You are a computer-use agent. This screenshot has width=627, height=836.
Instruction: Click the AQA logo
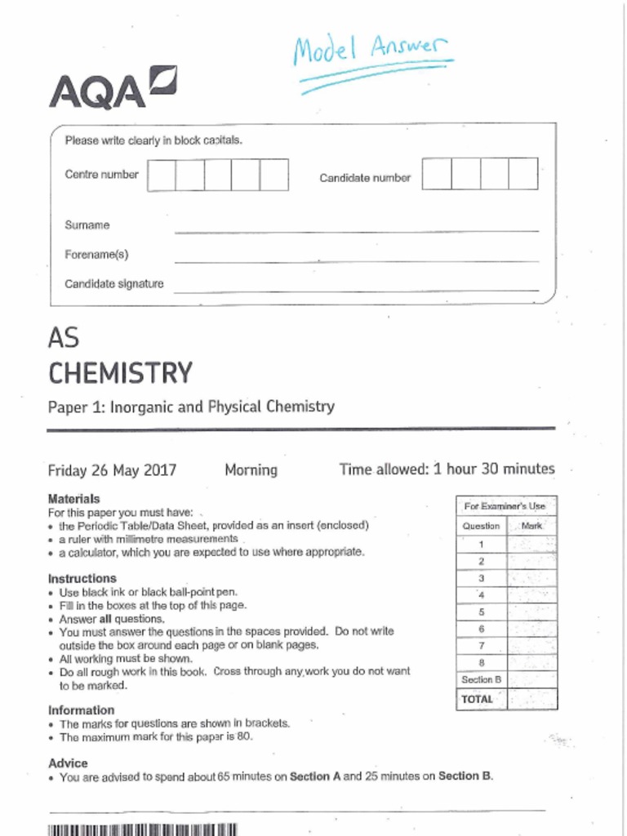pyautogui.click(x=113, y=91)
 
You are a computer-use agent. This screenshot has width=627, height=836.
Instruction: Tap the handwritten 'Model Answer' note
pyautogui.click(x=372, y=57)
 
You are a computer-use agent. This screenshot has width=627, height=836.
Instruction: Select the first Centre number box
pyautogui.click(x=162, y=176)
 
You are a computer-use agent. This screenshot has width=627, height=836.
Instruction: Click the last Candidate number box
pyautogui.click(x=523, y=174)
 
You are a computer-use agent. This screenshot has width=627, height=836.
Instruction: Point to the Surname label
pyautogui.click(x=87, y=225)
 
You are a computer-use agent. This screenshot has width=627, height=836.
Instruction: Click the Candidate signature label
pyautogui.click(x=114, y=284)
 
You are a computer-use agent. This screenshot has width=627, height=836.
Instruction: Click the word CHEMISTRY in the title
pyautogui.click(x=120, y=373)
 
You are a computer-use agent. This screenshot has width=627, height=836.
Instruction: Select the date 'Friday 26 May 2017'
pyautogui.click(x=112, y=470)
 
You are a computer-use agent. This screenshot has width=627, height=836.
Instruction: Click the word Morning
pyautogui.click(x=251, y=470)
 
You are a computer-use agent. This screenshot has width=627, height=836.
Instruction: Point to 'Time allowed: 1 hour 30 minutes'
pyautogui.click(x=447, y=469)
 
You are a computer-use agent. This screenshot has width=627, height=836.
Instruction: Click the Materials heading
pyautogui.click(x=74, y=498)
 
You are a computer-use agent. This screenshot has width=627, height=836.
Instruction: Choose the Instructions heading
pyautogui.click(x=82, y=578)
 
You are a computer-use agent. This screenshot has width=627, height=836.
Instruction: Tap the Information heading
pyautogui.click(x=82, y=709)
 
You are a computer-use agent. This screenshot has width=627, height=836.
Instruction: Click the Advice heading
pyautogui.click(x=69, y=763)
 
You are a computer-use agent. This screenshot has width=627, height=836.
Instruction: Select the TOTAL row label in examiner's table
pyautogui.click(x=478, y=699)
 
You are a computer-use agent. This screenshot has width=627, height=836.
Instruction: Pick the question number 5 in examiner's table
pyautogui.click(x=482, y=611)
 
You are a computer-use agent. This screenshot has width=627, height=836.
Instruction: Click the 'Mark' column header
pyautogui.click(x=531, y=527)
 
